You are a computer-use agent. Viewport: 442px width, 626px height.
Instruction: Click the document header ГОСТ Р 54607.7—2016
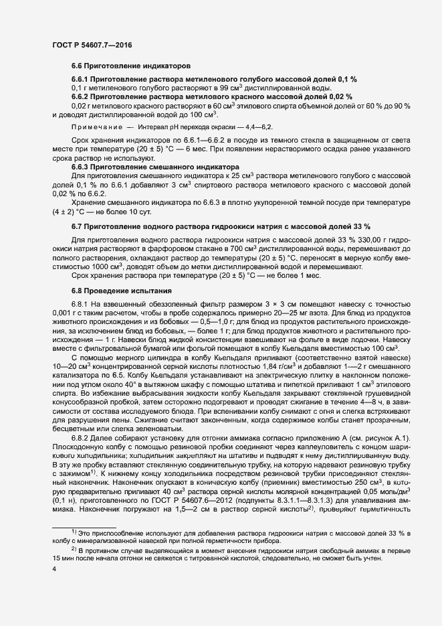pos(92,45)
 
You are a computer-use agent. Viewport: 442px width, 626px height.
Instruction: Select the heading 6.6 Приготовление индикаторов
pos(131,66)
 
